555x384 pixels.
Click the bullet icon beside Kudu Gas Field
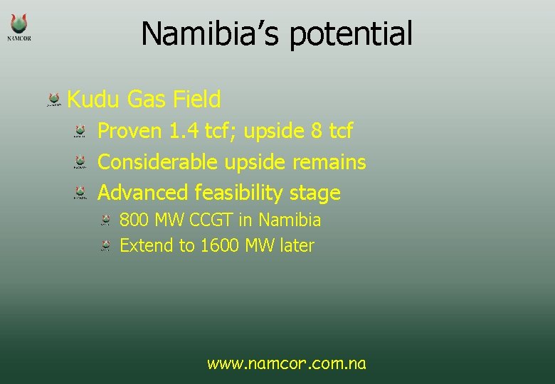(x=54, y=100)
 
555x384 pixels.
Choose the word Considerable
(x=157, y=162)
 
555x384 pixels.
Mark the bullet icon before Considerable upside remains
(x=81, y=163)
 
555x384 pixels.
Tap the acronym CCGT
(x=211, y=220)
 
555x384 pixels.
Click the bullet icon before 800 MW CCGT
(x=105, y=220)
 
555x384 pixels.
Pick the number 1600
(x=220, y=246)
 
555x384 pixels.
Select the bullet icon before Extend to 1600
(x=105, y=246)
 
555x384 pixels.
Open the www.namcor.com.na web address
(x=287, y=364)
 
